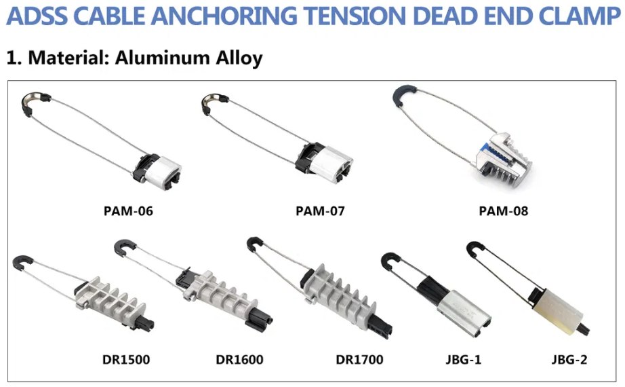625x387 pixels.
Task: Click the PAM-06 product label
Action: [128, 211]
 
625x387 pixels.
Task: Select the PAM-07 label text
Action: [320, 211]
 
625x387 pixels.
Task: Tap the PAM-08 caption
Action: [503, 211]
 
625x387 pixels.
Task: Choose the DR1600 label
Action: [239, 359]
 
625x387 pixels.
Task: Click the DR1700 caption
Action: [359, 359]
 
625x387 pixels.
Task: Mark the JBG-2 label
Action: [566, 359]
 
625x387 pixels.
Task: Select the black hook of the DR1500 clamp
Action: [23, 263]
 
